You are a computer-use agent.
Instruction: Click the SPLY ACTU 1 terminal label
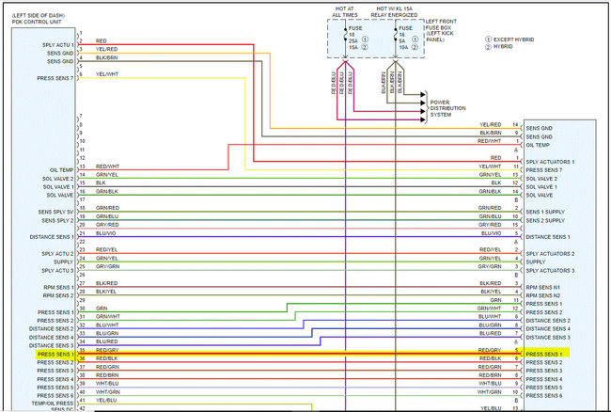click(58, 45)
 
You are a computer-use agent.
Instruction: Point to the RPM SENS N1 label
click(543, 287)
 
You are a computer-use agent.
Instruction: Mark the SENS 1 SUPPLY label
click(546, 212)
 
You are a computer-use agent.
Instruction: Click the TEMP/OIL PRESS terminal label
click(53, 404)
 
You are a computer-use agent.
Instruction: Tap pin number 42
click(82, 407)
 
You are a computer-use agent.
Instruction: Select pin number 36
click(82, 358)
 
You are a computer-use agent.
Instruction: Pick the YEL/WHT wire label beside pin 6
click(105, 74)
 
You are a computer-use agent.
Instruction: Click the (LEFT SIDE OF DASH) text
click(38, 14)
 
